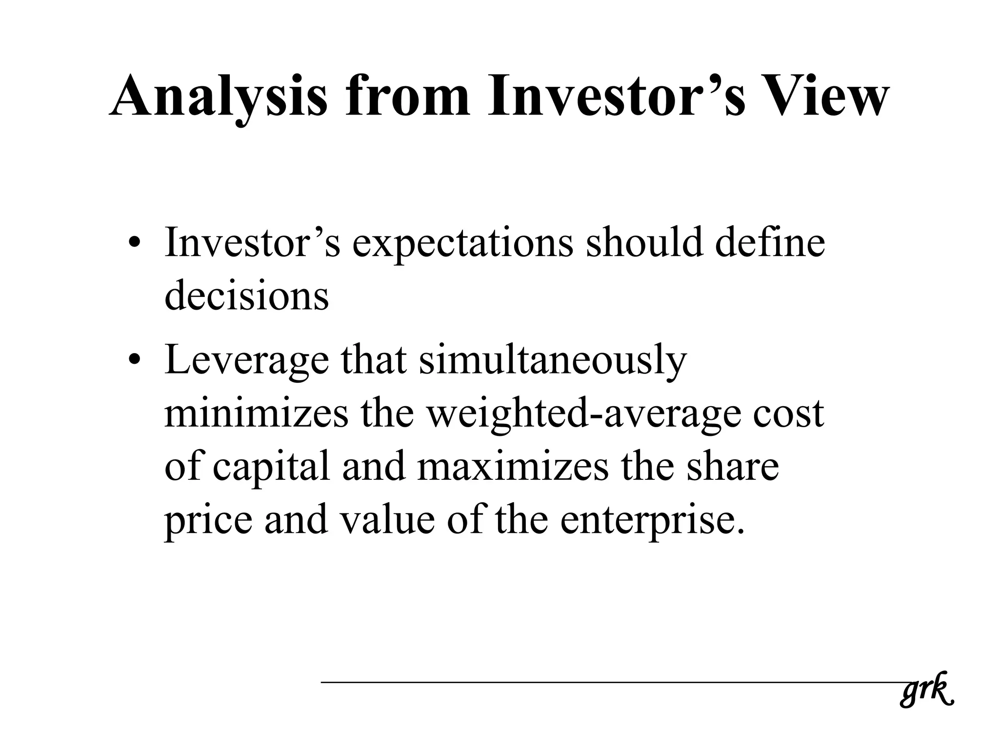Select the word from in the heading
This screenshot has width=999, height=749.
tap(408, 96)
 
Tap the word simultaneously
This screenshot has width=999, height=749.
tap(553, 361)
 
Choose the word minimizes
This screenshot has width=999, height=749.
tap(257, 413)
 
